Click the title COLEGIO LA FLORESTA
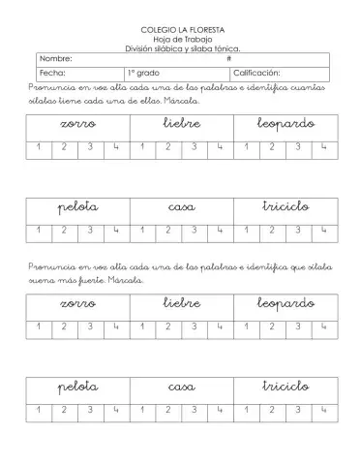pyautogui.click(x=180, y=32)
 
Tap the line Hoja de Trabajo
pyautogui.click(x=180, y=40)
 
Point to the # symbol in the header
pyautogui.click(x=228, y=59)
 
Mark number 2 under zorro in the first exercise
pyautogui.click(x=64, y=148)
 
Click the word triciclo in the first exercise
pyautogui.click(x=285, y=207)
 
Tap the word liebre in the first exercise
pyautogui.click(x=181, y=125)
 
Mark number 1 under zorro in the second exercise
pyautogui.click(x=38, y=327)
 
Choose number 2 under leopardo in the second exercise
pyautogui.click(x=273, y=327)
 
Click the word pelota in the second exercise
pyautogui.click(x=77, y=387)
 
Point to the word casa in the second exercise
pyautogui.click(x=181, y=387)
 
